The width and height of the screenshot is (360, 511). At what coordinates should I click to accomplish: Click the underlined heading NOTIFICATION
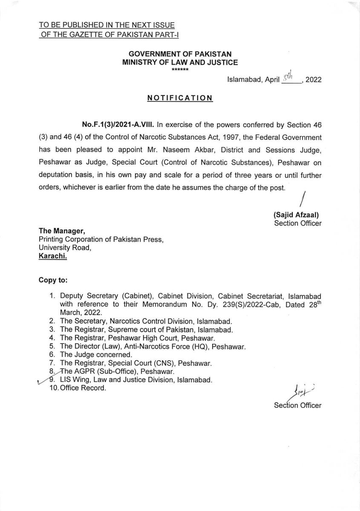tap(180, 98)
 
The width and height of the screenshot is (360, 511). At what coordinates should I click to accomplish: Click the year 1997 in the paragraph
tap(233, 138)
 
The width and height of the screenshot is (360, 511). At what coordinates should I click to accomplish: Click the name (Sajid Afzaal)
tap(297, 215)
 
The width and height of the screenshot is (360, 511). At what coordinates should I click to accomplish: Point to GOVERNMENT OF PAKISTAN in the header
tap(180, 55)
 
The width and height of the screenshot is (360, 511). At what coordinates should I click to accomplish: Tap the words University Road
tap(65, 247)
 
